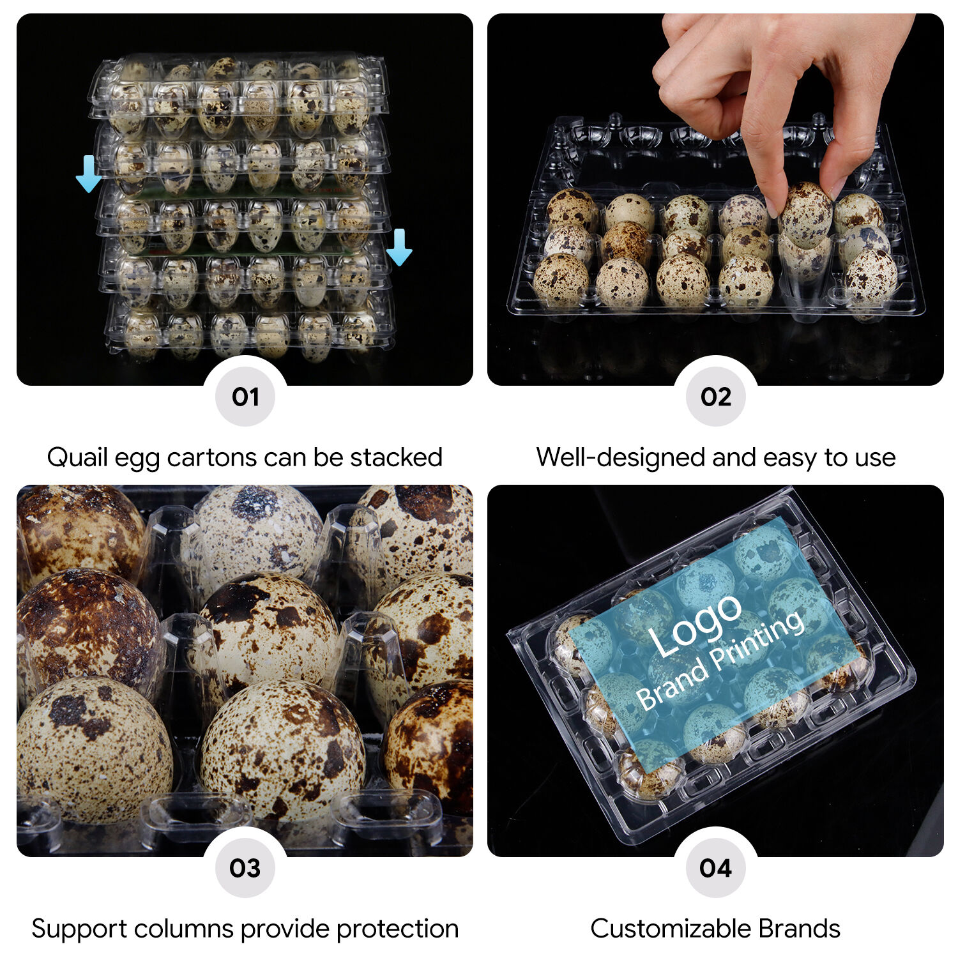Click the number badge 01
click(x=245, y=397)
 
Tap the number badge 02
click(x=716, y=397)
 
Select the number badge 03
click(x=245, y=868)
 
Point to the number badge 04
click(x=716, y=868)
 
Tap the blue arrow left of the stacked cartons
click(x=89, y=174)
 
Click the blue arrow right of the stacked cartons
click(x=399, y=247)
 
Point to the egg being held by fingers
click(x=806, y=215)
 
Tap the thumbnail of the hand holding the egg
click(x=715, y=199)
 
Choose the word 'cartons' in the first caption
click(x=211, y=458)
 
